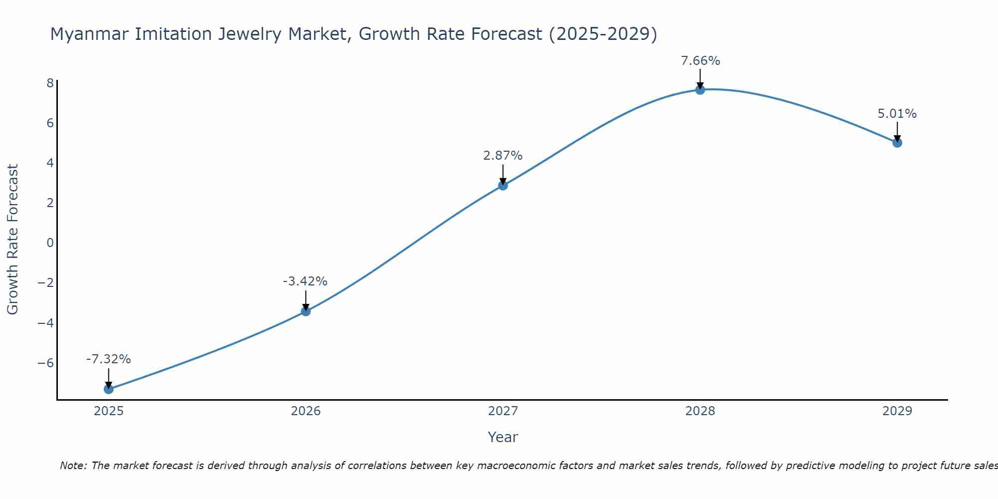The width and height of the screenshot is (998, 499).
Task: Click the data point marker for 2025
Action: (109, 389)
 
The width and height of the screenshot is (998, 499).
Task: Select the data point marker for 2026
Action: (306, 311)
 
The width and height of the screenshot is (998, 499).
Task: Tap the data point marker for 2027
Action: (503, 185)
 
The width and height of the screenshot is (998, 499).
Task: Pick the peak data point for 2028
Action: (700, 90)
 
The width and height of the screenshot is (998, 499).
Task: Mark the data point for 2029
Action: (897, 143)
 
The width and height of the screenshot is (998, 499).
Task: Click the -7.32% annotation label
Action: (109, 359)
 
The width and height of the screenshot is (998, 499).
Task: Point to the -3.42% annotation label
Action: (305, 281)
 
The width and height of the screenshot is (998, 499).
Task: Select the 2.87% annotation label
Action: (503, 156)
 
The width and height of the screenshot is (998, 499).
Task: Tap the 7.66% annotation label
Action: (701, 61)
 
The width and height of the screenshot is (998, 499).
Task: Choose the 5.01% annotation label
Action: (897, 114)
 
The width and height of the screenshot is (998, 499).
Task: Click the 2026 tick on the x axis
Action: (306, 411)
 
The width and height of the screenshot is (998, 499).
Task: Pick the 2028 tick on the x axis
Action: (700, 411)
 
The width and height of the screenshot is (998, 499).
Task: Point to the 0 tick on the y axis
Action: (50, 243)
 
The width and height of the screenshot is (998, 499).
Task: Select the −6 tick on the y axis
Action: (46, 363)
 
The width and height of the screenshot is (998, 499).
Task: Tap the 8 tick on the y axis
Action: (50, 83)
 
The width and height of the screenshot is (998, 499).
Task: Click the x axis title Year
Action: (503, 437)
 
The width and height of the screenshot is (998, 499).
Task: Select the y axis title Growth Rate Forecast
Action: (12, 240)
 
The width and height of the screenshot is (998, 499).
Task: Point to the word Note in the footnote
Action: (73, 466)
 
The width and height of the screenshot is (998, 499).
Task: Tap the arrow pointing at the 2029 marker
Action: (897, 132)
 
